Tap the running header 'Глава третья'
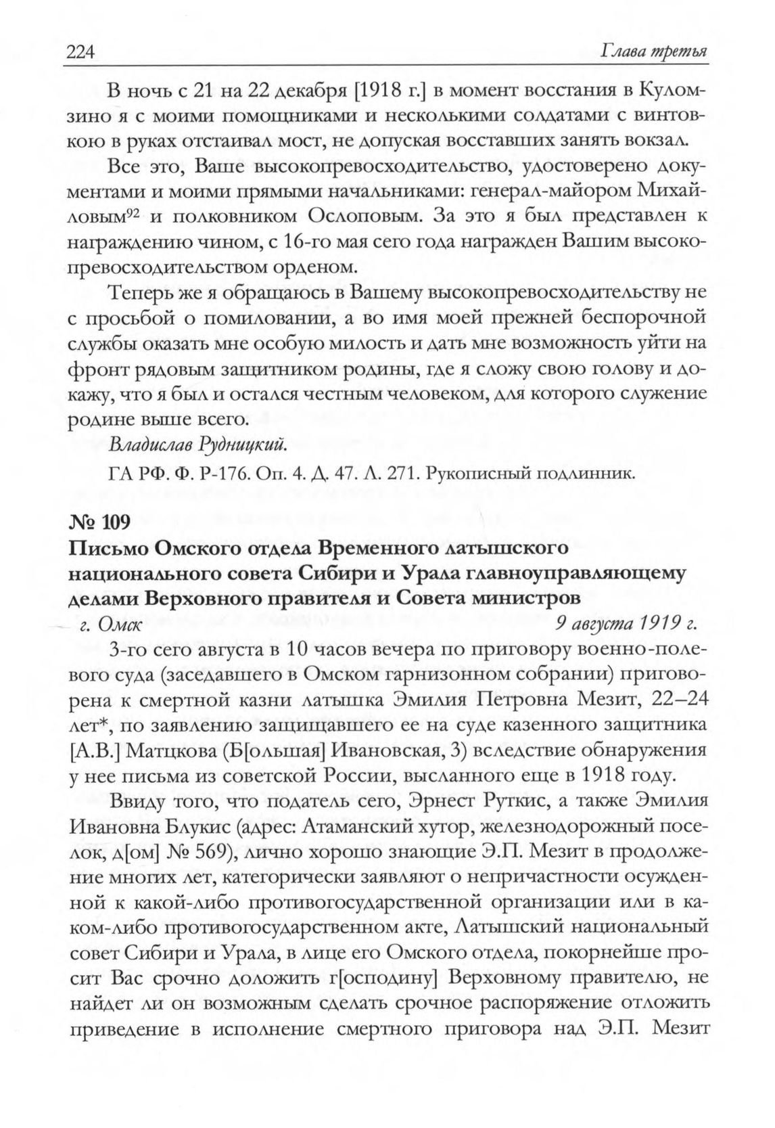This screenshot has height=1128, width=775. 650,52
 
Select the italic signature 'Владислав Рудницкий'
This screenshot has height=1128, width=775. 199,445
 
